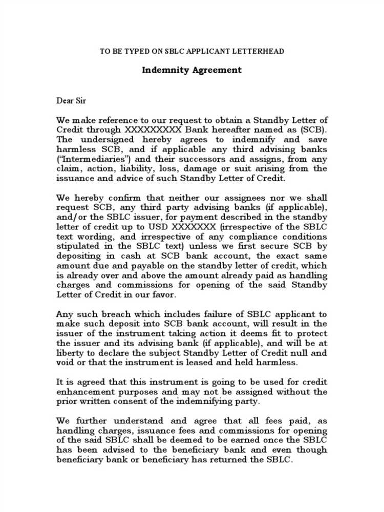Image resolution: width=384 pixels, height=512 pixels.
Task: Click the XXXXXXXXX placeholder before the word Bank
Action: tap(153, 130)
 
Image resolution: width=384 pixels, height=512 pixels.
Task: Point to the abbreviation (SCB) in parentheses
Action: tap(313, 130)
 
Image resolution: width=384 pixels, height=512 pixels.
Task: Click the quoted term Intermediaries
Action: tap(87, 159)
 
